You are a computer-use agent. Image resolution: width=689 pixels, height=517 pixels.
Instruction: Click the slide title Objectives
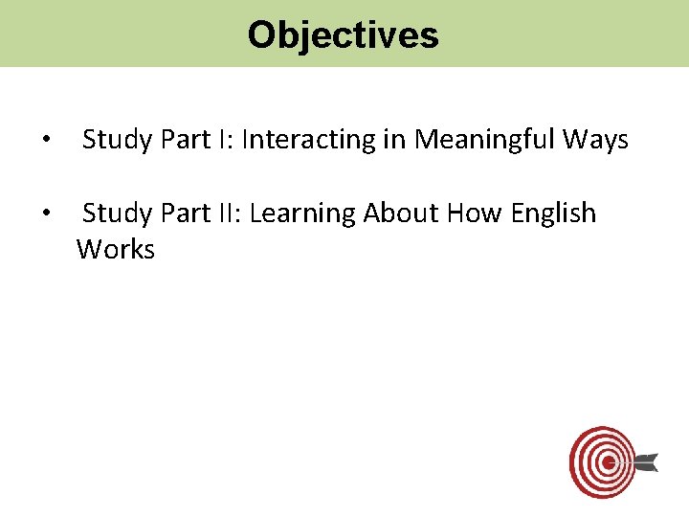[x=343, y=35]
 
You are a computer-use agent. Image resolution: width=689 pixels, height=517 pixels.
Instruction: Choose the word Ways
[x=595, y=141]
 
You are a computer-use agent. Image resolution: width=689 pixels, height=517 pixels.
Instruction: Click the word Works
[x=116, y=250]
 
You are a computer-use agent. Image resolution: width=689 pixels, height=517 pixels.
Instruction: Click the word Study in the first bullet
[x=117, y=141]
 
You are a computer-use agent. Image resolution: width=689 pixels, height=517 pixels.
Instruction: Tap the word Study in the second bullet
[x=117, y=214]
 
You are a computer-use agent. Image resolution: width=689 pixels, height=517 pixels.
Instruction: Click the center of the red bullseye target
[x=606, y=462]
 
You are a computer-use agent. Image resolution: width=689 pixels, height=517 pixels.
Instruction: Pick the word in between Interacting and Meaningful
[x=392, y=141]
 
